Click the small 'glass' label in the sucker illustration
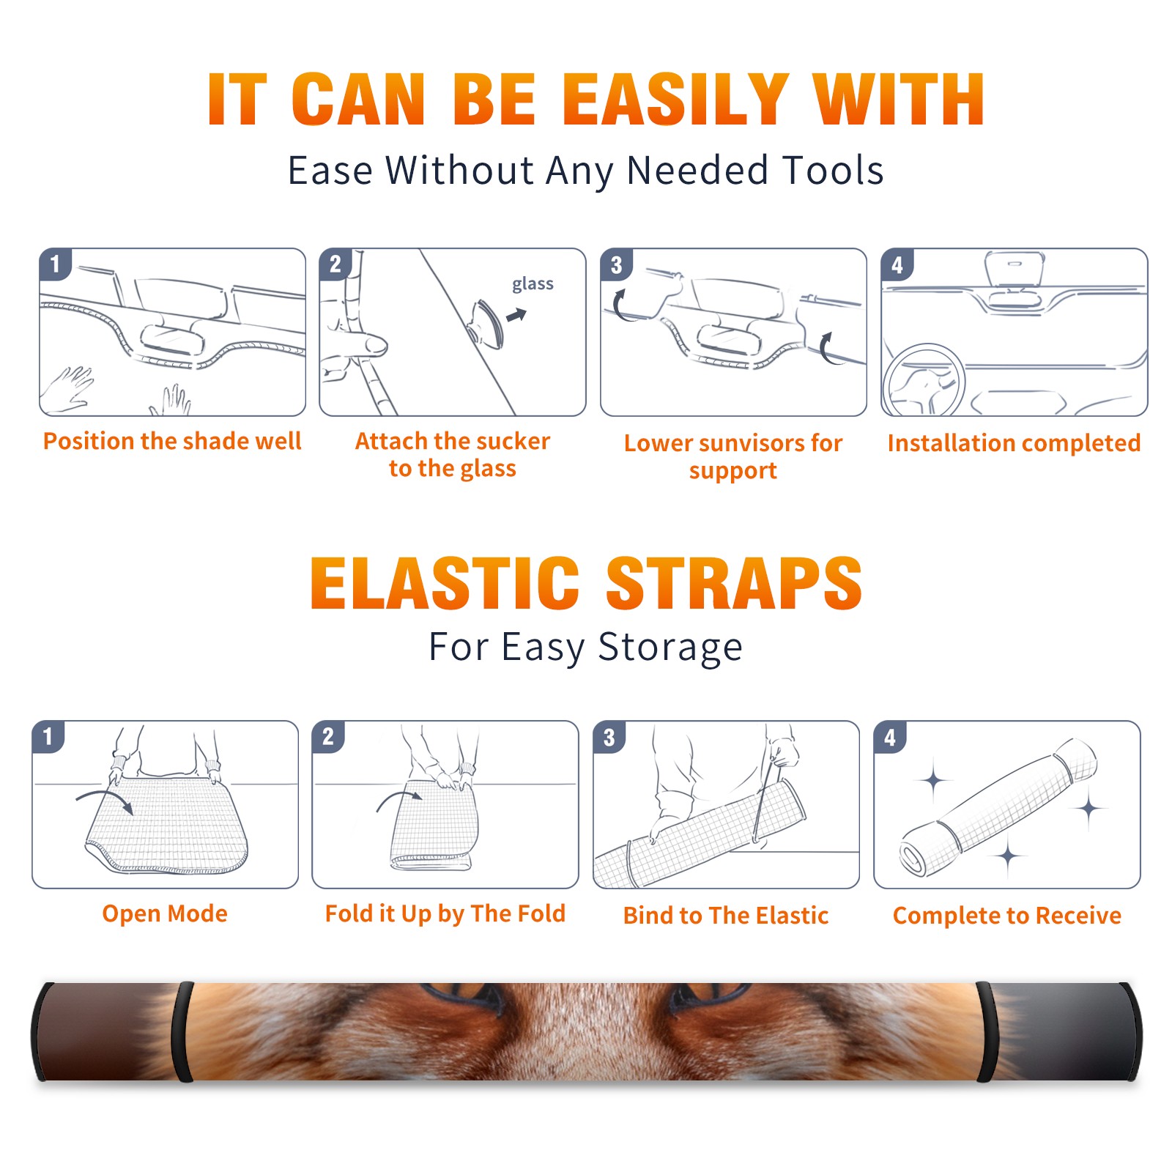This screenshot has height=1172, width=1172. pos(533,284)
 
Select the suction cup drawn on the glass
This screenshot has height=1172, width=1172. pos(486,323)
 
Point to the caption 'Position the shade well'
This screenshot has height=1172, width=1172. pos(172,441)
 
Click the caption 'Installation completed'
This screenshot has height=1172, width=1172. pos(1014,442)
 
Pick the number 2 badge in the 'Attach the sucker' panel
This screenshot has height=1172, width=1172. pos(335,264)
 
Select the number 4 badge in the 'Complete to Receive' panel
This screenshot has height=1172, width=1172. pos(890,737)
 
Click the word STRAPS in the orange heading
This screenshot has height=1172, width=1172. pos(734,583)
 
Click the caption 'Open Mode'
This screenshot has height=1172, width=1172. pos(165,913)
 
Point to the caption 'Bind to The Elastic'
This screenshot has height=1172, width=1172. pos(726,916)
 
